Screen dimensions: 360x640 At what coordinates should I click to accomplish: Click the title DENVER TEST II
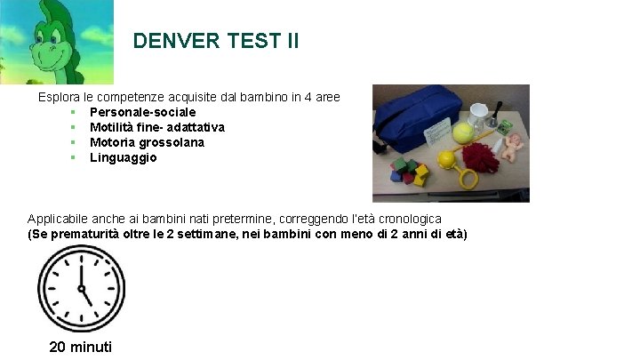[x=216, y=41]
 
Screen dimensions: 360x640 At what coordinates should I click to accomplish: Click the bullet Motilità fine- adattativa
[x=156, y=127]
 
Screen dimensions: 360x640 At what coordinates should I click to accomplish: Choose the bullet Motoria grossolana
[x=147, y=142]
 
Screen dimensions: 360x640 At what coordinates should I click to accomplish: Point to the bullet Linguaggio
[x=123, y=157]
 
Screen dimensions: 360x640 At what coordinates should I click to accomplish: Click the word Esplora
[x=58, y=96]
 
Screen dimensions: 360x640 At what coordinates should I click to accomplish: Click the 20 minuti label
[x=80, y=346]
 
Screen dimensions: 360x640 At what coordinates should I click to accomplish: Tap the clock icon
[x=80, y=287]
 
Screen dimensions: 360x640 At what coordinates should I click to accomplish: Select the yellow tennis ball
[x=462, y=133]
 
